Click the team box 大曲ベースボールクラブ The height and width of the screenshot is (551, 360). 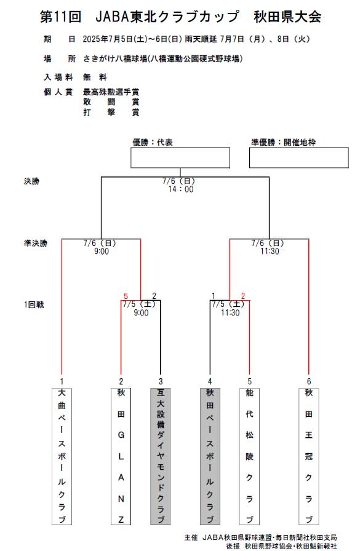click(x=62, y=456)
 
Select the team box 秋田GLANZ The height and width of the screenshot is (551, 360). click(x=121, y=456)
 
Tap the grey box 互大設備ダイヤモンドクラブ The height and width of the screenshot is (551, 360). click(x=161, y=456)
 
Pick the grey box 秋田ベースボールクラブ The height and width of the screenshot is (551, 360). click(x=210, y=456)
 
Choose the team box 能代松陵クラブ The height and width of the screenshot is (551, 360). click(x=250, y=456)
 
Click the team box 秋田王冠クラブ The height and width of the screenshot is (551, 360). click(x=309, y=456)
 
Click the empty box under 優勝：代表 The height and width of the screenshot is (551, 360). click(x=180, y=157)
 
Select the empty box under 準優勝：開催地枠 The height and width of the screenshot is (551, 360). click(x=299, y=157)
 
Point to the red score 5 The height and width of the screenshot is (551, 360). click(x=126, y=296)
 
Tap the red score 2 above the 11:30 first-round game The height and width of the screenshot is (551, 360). click(x=243, y=296)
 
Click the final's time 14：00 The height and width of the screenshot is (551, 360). click(x=181, y=189)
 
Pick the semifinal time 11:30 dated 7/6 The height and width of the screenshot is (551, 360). click(x=270, y=251)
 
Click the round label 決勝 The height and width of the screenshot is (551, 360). click(x=31, y=181)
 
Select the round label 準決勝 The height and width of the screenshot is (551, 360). click(x=36, y=243)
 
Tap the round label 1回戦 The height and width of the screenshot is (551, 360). click(x=34, y=304)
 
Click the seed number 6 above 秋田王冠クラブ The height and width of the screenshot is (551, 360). click(x=309, y=381)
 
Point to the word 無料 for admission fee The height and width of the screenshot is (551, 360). click(x=95, y=77)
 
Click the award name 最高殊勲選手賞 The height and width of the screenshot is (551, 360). click(x=111, y=92)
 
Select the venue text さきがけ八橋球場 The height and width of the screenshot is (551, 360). click(x=115, y=58)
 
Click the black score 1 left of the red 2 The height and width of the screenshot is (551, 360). click(x=214, y=296)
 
